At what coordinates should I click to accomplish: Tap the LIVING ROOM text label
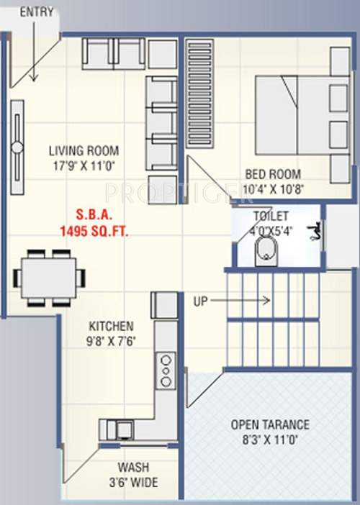[x=84, y=151]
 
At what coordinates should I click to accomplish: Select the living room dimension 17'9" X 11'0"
[x=84, y=165]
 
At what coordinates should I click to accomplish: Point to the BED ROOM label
[x=273, y=173]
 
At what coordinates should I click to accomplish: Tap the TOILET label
[x=270, y=216]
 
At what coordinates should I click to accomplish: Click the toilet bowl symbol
[x=266, y=250]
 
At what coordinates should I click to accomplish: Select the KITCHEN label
[x=111, y=325]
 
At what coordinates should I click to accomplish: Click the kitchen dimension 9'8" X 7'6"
[x=111, y=339]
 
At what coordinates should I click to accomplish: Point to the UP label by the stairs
[x=200, y=301]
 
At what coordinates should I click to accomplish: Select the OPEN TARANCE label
[x=270, y=424]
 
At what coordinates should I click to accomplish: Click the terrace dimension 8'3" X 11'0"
[x=270, y=440]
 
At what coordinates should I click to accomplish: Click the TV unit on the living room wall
[x=17, y=147]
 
